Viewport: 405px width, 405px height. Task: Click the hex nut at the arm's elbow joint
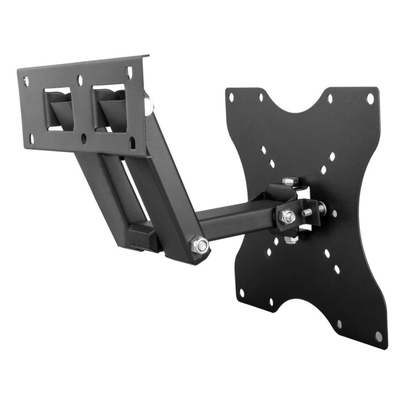point(200,245)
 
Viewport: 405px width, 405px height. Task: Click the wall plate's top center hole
point(79,78)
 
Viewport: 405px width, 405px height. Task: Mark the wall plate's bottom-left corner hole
point(31,138)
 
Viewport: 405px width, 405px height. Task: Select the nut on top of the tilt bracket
point(290,181)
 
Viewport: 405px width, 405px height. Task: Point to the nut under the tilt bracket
point(291,240)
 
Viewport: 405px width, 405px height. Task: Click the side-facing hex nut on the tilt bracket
point(287,216)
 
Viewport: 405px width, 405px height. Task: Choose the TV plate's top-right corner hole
point(370,99)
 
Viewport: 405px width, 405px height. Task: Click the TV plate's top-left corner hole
point(231,97)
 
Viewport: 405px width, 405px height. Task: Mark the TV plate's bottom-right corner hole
point(378,337)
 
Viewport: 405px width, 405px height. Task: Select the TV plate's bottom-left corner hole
point(242,293)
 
